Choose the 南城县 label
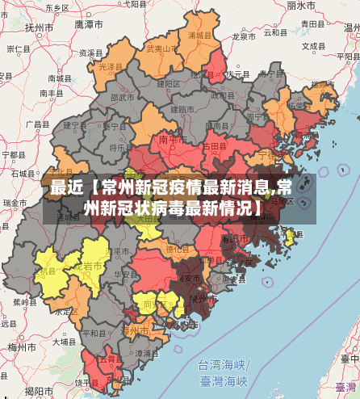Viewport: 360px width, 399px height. (x=59, y=79)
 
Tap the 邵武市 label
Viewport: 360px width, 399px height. (x=123, y=97)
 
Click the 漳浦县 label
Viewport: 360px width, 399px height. (x=146, y=353)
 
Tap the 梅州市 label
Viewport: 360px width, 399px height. (x=15, y=346)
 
